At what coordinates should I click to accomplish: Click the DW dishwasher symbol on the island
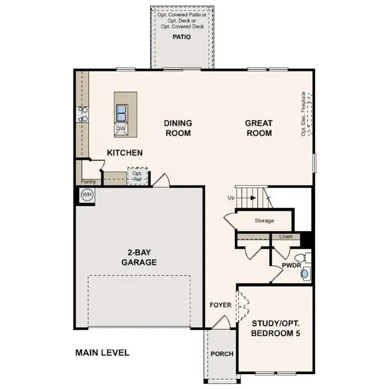point(121,129)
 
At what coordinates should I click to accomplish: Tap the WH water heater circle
point(86,194)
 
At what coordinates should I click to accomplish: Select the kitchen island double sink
point(122,112)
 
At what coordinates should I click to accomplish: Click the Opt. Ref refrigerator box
point(137,176)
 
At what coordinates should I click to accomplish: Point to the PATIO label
point(181,37)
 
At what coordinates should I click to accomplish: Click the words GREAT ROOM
point(259,128)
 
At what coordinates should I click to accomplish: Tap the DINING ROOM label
point(178,128)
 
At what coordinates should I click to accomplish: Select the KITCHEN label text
point(125,152)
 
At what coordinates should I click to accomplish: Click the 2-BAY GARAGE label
point(139,258)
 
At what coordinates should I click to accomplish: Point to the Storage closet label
point(264,221)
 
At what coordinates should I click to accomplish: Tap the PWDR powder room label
point(292,265)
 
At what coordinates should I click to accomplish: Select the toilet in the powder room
point(303,256)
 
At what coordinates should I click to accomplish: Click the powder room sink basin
point(304,274)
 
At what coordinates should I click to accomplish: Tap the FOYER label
point(221,305)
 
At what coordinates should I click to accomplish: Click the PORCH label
point(222,354)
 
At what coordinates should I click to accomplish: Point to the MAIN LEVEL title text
point(102,353)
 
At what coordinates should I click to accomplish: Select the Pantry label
point(88,181)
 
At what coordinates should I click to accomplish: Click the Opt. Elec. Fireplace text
point(303,113)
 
